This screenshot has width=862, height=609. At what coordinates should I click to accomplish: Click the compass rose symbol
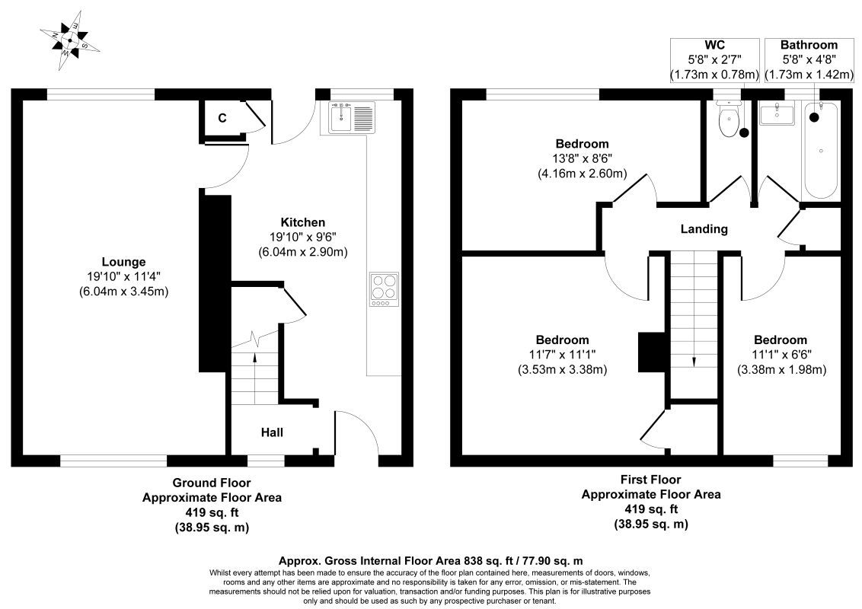coord(70,40)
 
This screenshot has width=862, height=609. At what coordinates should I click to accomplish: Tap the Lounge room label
coord(123,262)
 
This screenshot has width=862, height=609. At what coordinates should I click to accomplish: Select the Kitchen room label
coord(303,222)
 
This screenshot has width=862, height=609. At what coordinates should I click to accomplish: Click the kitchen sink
coord(352,117)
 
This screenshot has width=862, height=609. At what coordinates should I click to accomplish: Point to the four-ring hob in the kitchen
coord(385,290)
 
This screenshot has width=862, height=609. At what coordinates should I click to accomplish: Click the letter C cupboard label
coord(222,118)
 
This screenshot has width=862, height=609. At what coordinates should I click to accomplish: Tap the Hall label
coord(272,432)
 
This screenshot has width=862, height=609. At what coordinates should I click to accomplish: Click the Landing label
coord(704,228)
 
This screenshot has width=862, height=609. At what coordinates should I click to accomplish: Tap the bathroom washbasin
coord(777,114)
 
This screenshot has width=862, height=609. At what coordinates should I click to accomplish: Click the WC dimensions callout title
coord(715,45)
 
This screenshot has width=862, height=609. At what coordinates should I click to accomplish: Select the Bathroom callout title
coord(809,45)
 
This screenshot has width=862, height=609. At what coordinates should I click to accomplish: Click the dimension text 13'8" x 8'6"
coord(583,159)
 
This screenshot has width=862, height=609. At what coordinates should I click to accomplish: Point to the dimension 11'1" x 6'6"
coord(781,355)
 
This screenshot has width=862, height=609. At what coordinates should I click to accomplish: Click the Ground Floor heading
coord(212,483)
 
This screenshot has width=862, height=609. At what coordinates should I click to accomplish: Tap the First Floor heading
coord(651,480)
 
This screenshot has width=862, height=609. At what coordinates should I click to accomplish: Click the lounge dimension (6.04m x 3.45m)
coord(123,292)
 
